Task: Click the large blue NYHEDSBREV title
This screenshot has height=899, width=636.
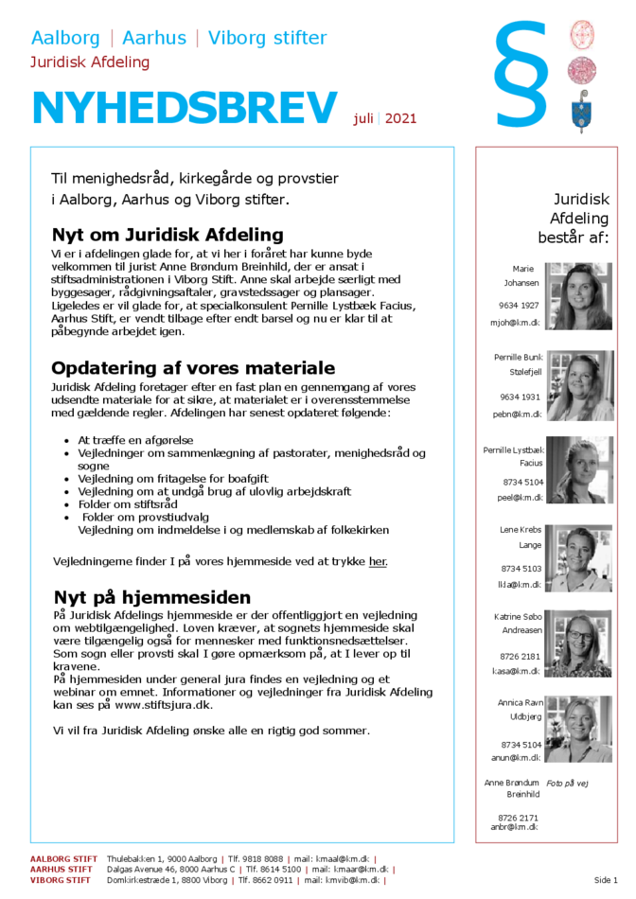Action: [x=185, y=109]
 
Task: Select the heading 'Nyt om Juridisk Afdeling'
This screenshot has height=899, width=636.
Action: [x=168, y=235]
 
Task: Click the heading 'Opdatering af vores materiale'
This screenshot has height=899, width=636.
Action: [x=193, y=368]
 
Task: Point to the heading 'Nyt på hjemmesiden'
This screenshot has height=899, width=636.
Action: [x=152, y=597]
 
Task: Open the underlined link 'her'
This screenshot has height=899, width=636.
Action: [x=378, y=561]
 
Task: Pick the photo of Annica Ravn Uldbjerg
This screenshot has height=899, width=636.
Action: [x=579, y=730]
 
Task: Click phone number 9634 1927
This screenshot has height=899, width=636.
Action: [x=519, y=306]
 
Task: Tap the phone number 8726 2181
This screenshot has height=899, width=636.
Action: [x=519, y=656]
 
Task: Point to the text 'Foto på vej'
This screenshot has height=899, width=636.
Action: [x=568, y=784]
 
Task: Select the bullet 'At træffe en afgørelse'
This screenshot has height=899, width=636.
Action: [x=134, y=441]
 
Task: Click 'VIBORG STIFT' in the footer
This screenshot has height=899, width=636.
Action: [x=60, y=879]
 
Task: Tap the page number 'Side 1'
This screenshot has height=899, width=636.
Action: [x=607, y=879]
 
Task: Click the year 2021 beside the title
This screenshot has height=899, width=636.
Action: [x=400, y=119]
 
